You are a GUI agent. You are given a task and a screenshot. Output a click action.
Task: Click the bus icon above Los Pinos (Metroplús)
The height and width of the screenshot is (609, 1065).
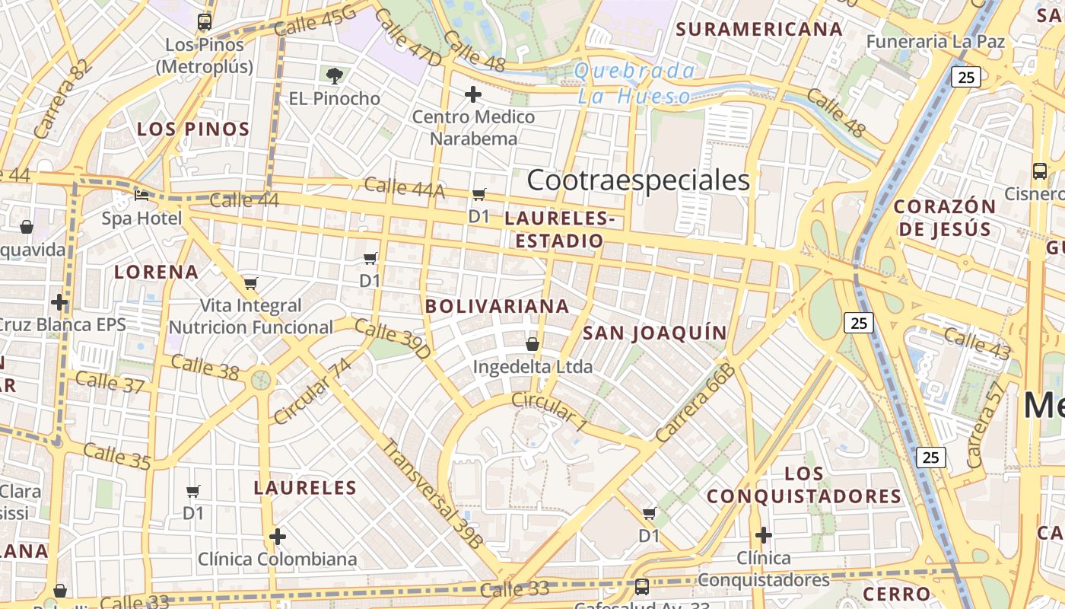click(204, 22)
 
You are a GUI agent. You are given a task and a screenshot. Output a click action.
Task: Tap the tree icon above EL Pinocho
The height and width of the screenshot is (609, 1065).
click(334, 75)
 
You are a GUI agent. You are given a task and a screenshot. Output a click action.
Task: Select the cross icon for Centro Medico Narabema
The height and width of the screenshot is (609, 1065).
click(473, 94)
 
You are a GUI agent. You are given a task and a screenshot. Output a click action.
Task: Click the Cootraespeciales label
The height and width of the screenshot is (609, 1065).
click(638, 180)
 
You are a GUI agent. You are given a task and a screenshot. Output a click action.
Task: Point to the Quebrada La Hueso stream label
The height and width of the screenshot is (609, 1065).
click(634, 84)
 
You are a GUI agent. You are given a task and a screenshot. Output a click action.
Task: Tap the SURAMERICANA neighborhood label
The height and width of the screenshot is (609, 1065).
click(759, 30)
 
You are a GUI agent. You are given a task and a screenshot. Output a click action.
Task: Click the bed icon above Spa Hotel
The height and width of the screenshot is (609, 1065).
click(141, 195)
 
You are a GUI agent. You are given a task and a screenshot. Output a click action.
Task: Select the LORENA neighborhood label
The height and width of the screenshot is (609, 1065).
click(156, 272)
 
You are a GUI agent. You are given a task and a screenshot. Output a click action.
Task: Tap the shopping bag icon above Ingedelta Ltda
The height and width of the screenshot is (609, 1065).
click(532, 344)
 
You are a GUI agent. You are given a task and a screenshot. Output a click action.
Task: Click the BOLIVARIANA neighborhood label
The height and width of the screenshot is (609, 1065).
click(497, 306)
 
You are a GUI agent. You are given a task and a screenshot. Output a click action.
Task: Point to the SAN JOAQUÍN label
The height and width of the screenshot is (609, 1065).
click(655, 333)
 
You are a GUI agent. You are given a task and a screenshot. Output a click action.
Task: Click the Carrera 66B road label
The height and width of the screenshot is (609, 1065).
click(695, 403)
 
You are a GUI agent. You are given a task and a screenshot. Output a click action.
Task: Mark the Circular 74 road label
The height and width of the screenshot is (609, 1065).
click(313, 391)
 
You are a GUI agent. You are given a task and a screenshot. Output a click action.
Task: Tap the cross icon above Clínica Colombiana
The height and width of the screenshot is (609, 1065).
click(278, 537)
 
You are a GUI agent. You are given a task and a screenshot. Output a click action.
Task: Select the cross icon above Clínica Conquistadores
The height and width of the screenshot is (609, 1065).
click(763, 535)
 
